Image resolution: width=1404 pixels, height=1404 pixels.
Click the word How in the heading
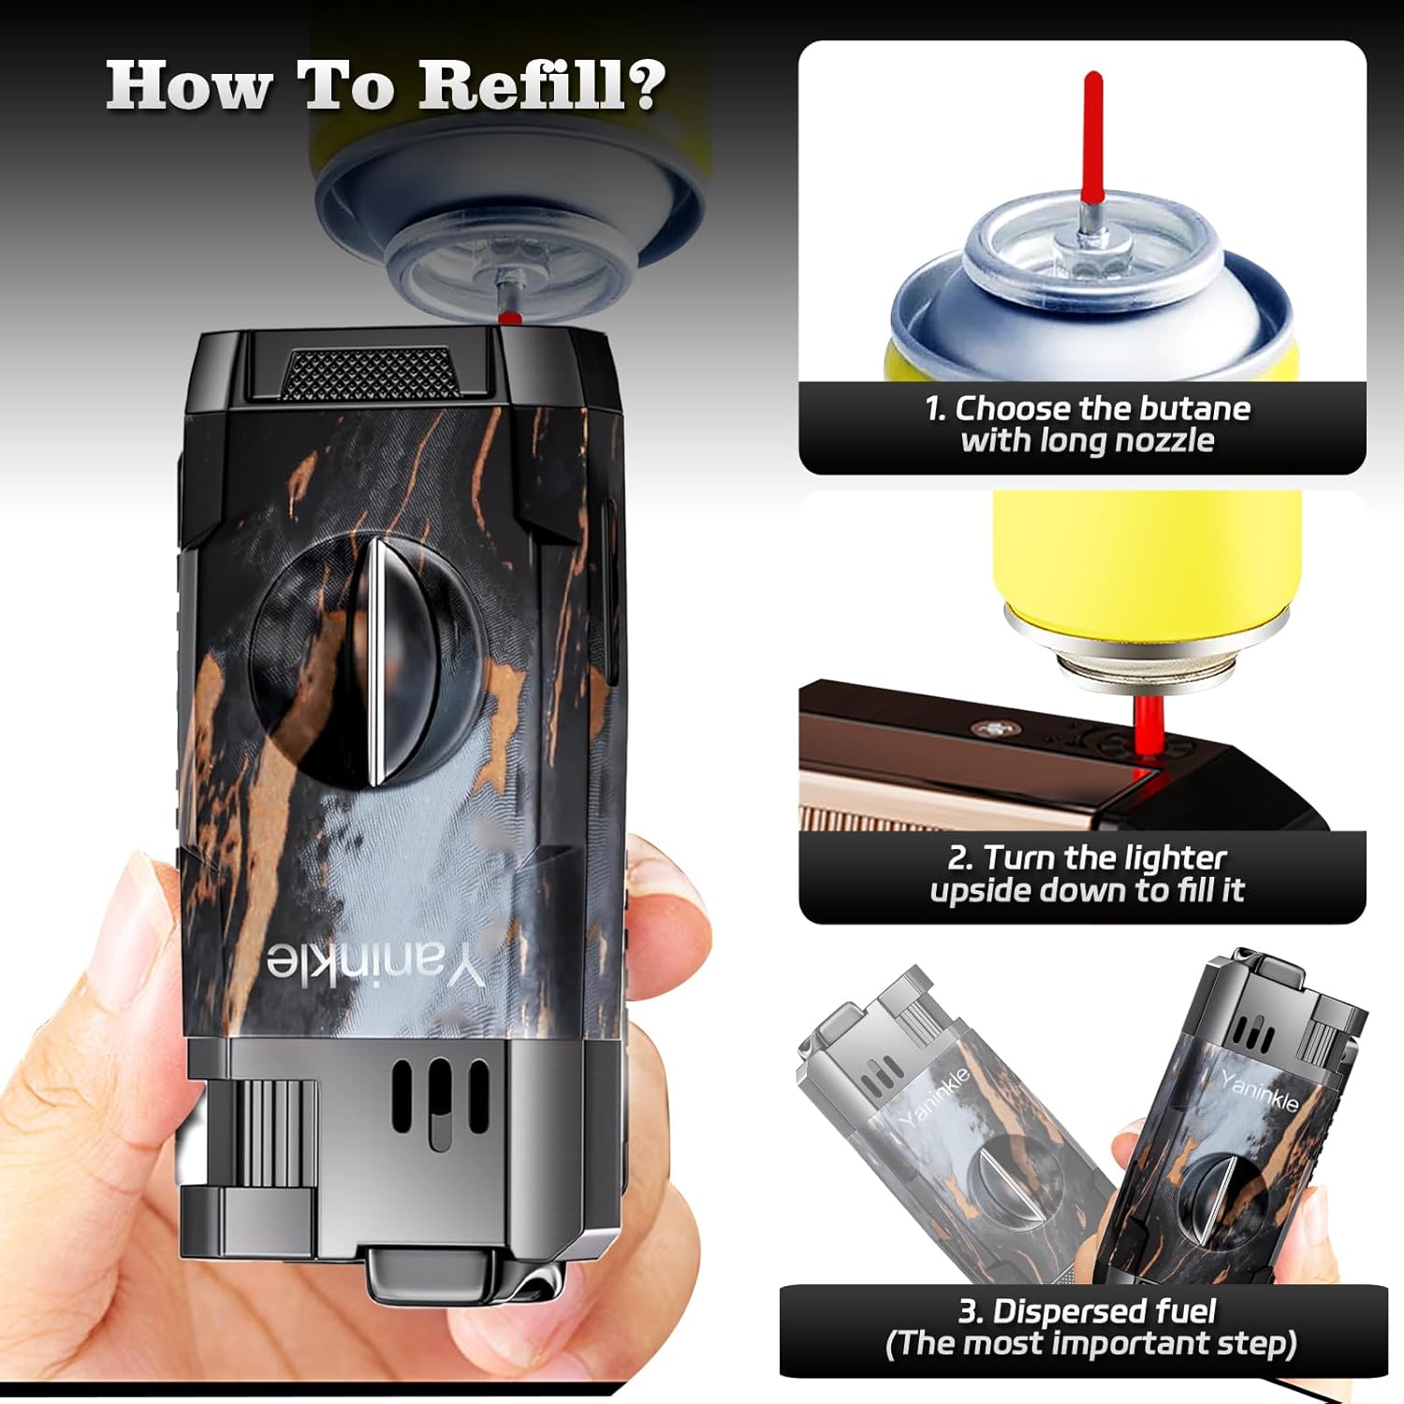coord(187,85)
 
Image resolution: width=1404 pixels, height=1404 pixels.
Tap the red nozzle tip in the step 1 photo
coord(1091,137)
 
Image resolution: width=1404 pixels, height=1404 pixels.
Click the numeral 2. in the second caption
coord(961,858)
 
